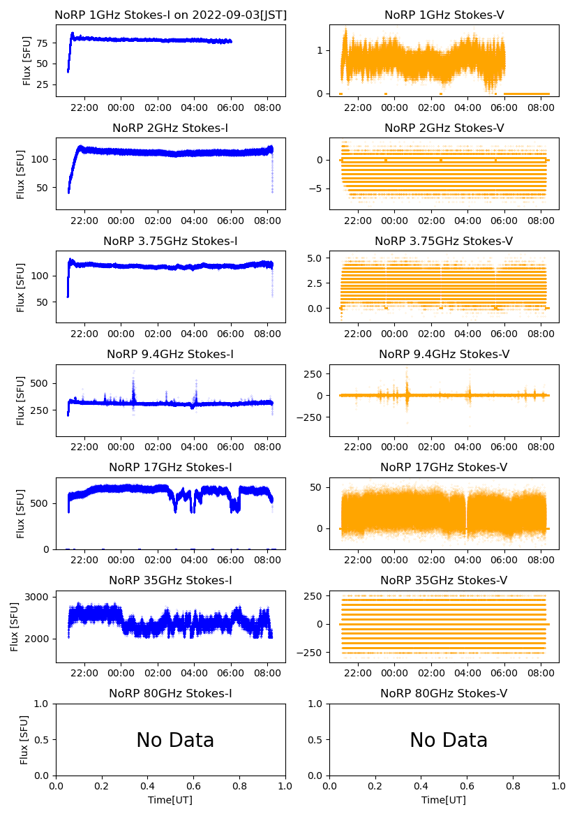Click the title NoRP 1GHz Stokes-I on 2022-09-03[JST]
pos(170,15)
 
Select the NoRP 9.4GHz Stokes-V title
pos(444,354)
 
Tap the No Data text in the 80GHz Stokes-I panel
pos(174,740)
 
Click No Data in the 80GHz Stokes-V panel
pos(448,740)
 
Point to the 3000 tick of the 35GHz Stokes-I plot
pos(36,597)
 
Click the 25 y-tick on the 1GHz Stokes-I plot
pos(42,84)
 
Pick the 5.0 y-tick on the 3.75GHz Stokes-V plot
pos(315,258)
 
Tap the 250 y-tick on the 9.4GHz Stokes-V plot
pos(313,373)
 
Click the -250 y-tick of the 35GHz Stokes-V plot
pos(310,653)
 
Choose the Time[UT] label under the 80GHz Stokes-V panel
pos(444,800)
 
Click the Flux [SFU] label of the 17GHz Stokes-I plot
pos(21,513)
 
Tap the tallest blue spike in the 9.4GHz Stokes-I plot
pos(133,380)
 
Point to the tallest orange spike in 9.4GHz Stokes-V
pos(407,368)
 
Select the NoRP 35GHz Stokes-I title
pos(170,580)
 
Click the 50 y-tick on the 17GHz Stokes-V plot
pos(317,487)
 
